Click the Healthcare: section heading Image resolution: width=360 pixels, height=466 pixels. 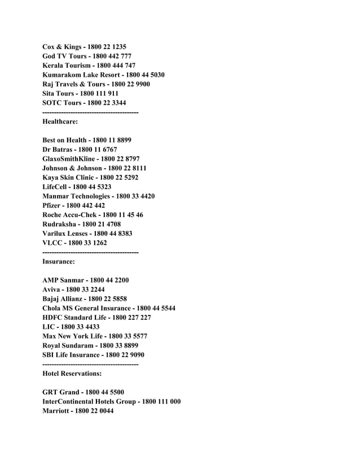64,121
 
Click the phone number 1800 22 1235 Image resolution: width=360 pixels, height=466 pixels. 111,47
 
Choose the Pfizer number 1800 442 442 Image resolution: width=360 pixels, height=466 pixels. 85,206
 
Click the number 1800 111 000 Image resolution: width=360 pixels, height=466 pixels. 161,401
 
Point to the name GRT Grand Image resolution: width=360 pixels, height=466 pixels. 61,392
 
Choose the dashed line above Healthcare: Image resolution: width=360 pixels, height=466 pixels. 90,113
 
